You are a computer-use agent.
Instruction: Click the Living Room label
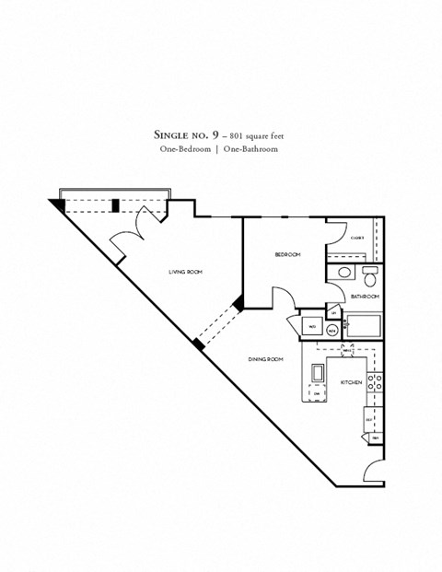185,273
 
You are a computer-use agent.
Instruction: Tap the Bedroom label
287,254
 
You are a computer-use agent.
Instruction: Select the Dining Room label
264,358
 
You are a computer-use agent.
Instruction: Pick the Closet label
357,238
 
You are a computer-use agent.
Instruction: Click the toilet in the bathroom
369,276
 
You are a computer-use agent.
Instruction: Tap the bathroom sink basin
343,274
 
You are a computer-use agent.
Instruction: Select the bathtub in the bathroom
363,326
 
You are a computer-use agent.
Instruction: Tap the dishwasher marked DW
317,393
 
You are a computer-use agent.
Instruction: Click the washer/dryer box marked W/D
311,327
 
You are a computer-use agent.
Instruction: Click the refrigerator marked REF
369,419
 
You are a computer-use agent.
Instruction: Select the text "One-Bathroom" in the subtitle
248,148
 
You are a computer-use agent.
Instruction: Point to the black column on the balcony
115,205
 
